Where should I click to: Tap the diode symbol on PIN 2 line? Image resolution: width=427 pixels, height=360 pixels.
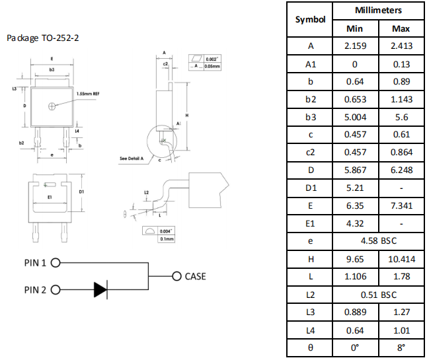click(100, 289)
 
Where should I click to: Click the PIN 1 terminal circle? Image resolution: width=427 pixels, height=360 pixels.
click(56, 262)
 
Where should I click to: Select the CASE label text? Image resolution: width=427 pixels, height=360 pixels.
click(195, 276)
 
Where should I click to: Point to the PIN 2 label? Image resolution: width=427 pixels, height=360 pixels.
click(36, 289)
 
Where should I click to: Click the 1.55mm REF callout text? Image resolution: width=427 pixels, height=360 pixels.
click(88, 93)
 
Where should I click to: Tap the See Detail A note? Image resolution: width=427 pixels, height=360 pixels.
click(134, 159)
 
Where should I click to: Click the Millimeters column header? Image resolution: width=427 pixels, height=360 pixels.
click(378, 11)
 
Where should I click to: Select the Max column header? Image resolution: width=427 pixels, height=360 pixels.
click(401, 28)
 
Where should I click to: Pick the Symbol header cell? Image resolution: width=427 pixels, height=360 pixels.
click(310, 20)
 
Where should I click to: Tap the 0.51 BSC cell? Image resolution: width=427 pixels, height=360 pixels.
click(378, 295)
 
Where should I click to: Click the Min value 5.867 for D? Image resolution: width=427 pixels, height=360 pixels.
click(355, 170)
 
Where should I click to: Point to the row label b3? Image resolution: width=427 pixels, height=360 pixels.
click(310, 117)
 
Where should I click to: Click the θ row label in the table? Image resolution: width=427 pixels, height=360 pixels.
click(310, 347)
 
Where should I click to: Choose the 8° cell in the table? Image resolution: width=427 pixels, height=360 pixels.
click(401, 347)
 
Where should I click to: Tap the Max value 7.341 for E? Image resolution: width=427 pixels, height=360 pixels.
click(401, 206)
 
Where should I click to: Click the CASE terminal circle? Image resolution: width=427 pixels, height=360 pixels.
click(175, 276)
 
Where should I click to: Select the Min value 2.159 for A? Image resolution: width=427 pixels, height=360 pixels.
click(355, 46)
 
